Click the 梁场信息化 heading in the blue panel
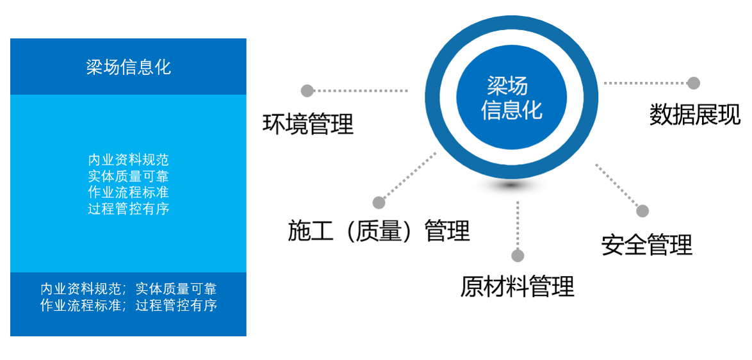(x=128, y=67)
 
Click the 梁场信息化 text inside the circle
(x=511, y=97)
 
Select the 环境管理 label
(x=308, y=124)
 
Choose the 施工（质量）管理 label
(x=379, y=231)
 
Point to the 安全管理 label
(x=647, y=245)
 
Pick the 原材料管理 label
(x=517, y=286)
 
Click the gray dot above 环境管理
(x=307, y=90)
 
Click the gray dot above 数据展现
(x=694, y=83)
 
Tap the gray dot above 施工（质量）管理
(x=379, y=202)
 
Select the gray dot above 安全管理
(x=642, y=211)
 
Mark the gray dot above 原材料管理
(x=518, y=256)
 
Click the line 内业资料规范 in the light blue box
(x=128, y=160)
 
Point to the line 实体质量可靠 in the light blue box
(x=128, y=176)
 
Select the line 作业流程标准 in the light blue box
(x=128, y=192)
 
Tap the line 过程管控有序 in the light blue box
(x=128, y=209)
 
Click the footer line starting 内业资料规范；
(x=128, y=289)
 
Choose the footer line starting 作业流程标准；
(x=128, y=306)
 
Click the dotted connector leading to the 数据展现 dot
(x=644, y=83)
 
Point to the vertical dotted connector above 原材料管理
(x=518, y=224)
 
